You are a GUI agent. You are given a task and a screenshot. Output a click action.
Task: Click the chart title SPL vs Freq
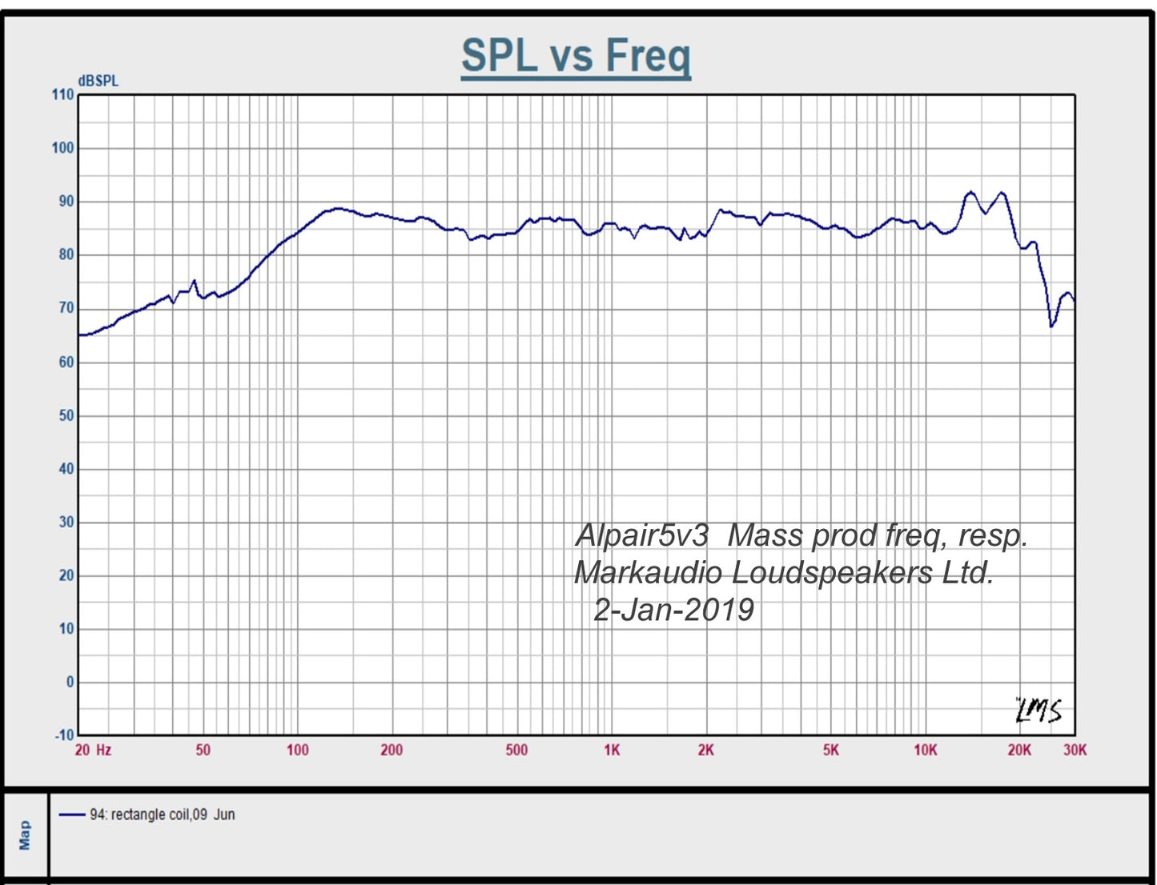coord(576,56)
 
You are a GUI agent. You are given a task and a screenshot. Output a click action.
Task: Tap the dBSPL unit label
coord(98,81)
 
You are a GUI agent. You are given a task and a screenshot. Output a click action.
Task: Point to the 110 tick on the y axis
coord(62,94)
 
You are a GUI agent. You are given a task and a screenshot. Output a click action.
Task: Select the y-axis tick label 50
coord(66,415)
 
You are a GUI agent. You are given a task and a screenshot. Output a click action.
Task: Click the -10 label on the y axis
coord(64,735)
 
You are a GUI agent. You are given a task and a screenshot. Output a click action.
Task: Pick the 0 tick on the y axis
coord(70,682)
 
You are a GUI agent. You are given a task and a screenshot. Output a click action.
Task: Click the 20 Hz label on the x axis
coord(93,750)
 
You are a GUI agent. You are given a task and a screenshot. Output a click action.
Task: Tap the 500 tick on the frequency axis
coord(516,750)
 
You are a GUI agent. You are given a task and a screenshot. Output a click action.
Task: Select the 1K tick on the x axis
coord(612,750)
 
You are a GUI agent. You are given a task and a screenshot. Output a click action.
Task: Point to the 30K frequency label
coord(1075,750)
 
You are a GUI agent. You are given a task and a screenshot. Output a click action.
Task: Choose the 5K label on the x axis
coord(831,750)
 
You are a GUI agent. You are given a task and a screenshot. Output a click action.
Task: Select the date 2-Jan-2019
coord(673,610)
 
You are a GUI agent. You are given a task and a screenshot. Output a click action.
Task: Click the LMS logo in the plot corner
coord(1038,711)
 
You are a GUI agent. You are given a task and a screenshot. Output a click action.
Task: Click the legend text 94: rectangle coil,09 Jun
coord(162,815)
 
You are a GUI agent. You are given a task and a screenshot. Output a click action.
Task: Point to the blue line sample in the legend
coord(72,815)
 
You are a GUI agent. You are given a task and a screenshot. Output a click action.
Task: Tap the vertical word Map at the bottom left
coord(25,835)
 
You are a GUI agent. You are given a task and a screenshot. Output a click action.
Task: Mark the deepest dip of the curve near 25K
coord(1051,326)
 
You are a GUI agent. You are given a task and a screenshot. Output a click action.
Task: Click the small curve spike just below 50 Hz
coord(194,281)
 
